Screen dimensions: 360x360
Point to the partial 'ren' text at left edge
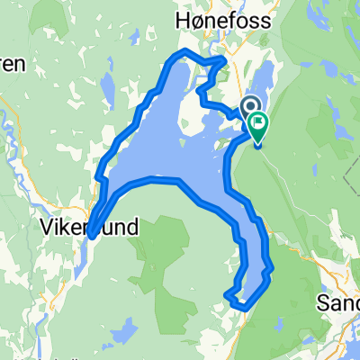point(11,65)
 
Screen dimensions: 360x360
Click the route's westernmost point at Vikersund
point(91,236)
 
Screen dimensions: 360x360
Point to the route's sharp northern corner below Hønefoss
point(226,59)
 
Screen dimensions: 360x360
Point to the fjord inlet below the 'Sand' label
point(337,333)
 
